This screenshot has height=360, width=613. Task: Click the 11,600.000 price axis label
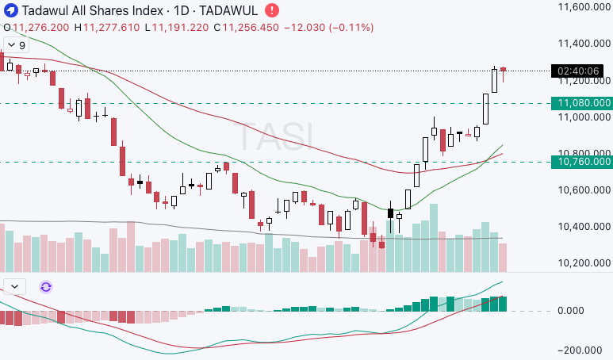click(583, 7)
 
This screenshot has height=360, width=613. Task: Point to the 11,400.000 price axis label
click(583, 44)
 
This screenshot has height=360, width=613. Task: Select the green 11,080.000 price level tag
click(584, 103)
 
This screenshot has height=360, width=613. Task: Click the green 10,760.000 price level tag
click(584, 162)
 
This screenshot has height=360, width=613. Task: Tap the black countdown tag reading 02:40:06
click(579, 71)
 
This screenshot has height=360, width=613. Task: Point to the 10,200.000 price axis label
click(583, 263)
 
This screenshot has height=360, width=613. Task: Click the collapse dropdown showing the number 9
click(15, 45)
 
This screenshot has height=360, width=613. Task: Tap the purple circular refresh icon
click(45, 287)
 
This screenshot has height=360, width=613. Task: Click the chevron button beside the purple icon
click(15, 287)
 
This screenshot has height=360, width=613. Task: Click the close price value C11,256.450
click(178, 28)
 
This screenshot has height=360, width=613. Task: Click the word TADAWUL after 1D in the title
click(227, 11)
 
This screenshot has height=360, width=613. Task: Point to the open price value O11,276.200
click(36, 28)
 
